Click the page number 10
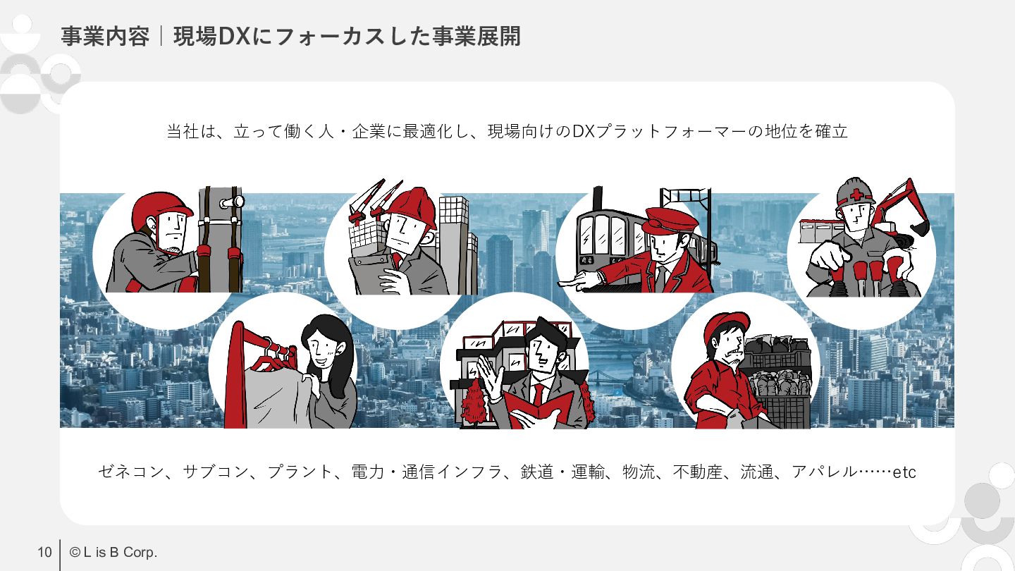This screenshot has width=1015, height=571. tap(44, 552)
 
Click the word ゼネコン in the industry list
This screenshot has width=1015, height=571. tap(131, 472)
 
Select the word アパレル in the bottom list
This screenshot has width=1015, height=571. tap(824, 472)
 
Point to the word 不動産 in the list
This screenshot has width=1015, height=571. tap(698, 472)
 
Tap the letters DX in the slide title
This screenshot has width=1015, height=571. tap(234, 36)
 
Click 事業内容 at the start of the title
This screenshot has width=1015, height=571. tap(105, 36)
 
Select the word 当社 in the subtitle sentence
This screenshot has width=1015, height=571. tap(183, 131)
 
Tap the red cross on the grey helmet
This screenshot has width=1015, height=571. tap(856, 195)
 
